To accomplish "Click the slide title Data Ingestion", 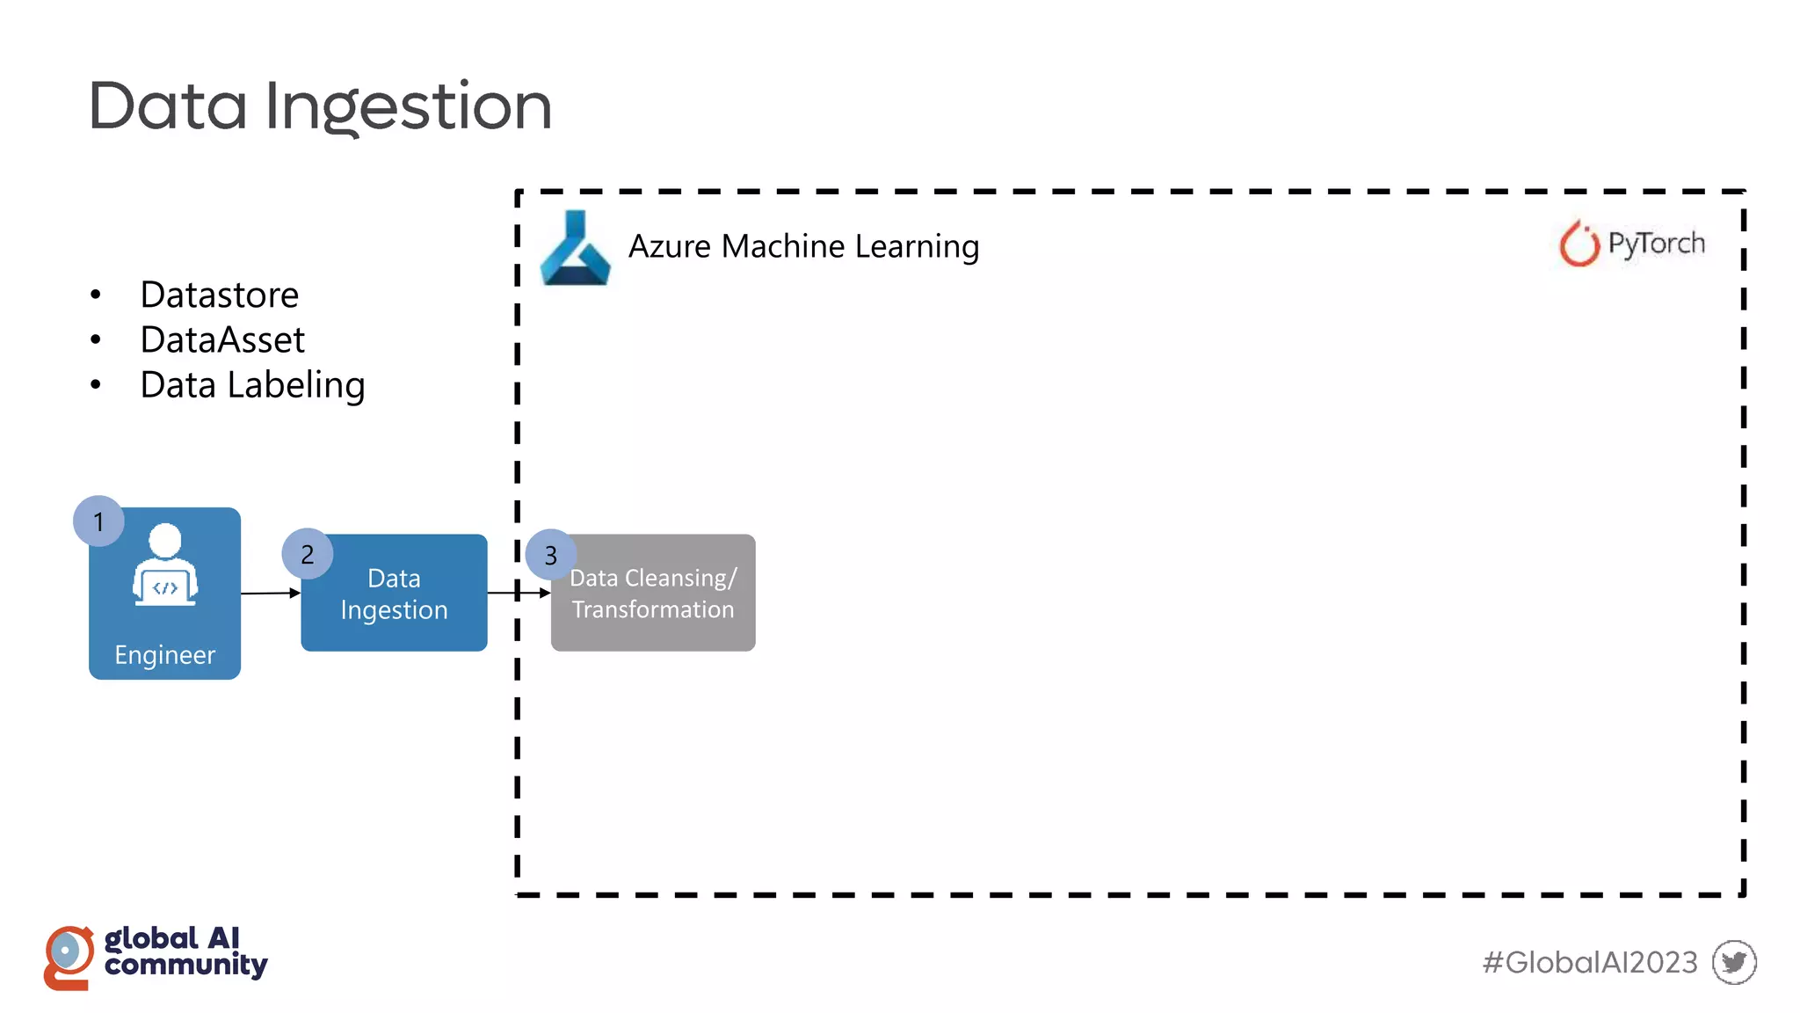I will pos(320,106).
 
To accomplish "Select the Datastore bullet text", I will pos(219,295).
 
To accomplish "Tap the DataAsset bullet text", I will pos(222,340).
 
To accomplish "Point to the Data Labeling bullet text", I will pos(252,385).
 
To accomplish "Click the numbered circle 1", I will pos(98,521).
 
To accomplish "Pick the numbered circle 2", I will pos(307,554).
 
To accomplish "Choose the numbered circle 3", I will pos(550,555).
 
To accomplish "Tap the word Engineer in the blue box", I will pos(164,655).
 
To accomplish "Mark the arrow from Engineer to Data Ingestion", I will pos(271,594).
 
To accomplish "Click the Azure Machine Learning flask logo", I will pos(575,249).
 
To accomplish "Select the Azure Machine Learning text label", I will pos(803,246).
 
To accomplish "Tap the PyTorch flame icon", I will pos(1579,244).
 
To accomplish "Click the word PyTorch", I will pos(1656,244).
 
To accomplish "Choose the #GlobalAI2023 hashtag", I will pos(1589,962).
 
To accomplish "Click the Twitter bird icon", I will pos(1733,962).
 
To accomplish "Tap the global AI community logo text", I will pos(185,951).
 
